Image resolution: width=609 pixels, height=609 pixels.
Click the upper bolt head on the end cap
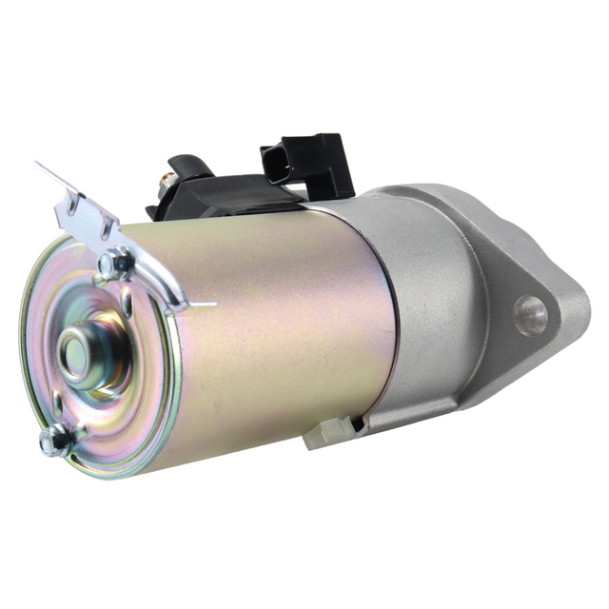tap(116, 265)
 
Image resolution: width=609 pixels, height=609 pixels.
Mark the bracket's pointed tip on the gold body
tap(211, 305)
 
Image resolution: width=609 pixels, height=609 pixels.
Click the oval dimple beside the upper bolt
tap(126, 303)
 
